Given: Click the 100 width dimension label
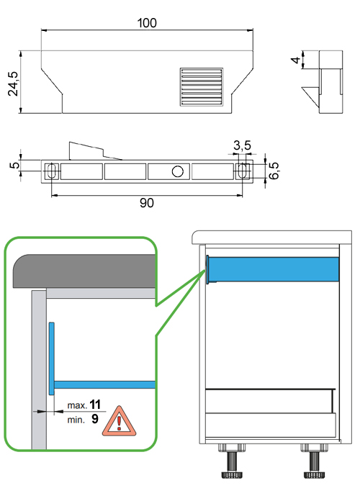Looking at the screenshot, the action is tap(147, 23).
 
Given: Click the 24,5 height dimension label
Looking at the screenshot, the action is tap(14, 83).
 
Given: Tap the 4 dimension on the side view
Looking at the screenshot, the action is tap(296, 60).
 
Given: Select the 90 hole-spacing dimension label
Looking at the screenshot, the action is tap(147, 203).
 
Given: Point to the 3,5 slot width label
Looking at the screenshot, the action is tap(242, 145).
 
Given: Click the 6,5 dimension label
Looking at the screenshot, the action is tap(274, 171).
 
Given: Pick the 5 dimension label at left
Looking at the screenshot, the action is tap(14, 165).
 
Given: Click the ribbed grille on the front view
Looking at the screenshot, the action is tap(202, 87).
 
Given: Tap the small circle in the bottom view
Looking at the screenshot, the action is tap(177, 171).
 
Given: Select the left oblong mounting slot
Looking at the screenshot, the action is tap(51, 171).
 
